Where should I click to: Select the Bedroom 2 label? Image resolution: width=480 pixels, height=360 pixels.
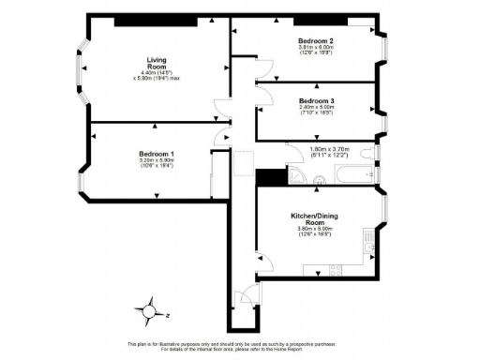click(x=317, y=41)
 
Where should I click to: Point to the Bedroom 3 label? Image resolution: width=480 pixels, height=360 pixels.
click(x=317, y=100)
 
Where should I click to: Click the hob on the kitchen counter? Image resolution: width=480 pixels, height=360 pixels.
click(x=334, y=271)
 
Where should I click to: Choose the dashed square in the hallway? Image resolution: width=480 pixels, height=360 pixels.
click(x=241, y=163)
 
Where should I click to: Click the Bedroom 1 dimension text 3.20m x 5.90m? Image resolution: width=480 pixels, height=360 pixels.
click(x=157, y=162)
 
